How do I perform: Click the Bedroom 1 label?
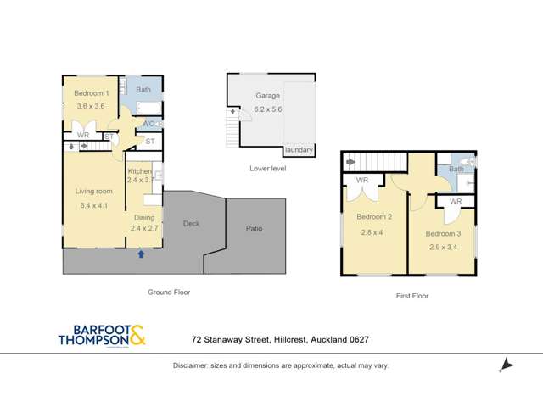coord(91,93)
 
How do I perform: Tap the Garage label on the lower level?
coord(267,97)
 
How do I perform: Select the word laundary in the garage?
coord(299,150)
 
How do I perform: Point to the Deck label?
coord(191,224)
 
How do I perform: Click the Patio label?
coord(254,228)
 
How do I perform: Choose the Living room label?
coord(93,192)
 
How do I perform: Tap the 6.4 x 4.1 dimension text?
coord(93,204)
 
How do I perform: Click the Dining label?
coord(143,217)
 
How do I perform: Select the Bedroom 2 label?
coord(373,217)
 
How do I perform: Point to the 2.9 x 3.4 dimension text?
coord(442,247)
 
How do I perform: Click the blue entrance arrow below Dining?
coord(141,253)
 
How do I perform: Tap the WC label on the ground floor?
coord(148,124)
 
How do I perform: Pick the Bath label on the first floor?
coord(456,169)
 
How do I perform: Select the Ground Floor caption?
coord(170,292)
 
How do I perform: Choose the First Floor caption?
coord(412,296)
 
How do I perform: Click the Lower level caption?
coord(267,168)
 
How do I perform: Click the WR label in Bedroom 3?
coord(455,202)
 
